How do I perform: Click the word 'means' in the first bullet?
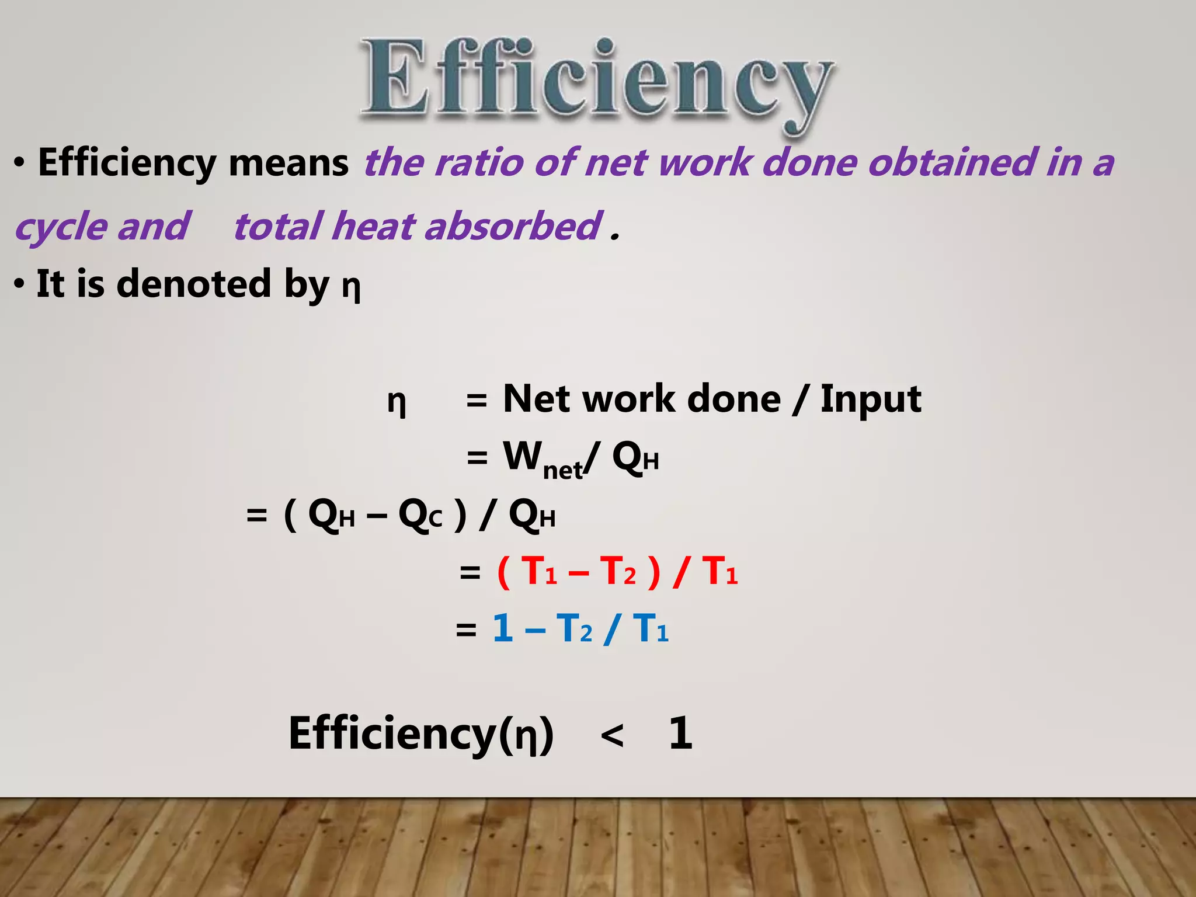click(288, 163)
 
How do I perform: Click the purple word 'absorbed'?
click(513, 227)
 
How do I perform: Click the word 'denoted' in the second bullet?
click(194, 284)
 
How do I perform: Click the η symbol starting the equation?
click(397, 403)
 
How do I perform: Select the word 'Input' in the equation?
click(870, 400)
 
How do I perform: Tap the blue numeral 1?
click(503, 629)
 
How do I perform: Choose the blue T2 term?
click(574, 629)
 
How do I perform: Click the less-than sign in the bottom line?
click(611, 735)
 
